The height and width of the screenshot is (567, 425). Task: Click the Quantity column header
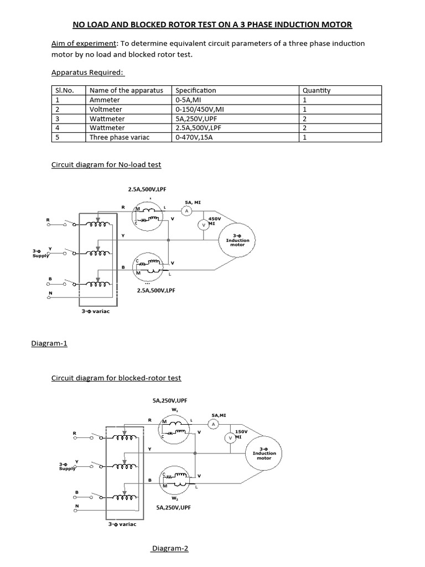315,90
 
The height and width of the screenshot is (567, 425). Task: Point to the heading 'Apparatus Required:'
88,72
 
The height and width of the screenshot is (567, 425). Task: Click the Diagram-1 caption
49,343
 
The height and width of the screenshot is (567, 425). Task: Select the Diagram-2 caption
170,549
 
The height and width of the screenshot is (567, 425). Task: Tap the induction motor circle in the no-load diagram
241,240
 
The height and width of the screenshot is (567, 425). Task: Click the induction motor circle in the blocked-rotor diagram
264,455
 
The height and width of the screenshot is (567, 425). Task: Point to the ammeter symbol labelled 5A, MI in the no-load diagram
186,211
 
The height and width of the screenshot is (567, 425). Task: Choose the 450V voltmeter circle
203,224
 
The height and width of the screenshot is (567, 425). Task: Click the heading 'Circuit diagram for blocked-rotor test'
116,378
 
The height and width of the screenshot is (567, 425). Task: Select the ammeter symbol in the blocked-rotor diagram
213,424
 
